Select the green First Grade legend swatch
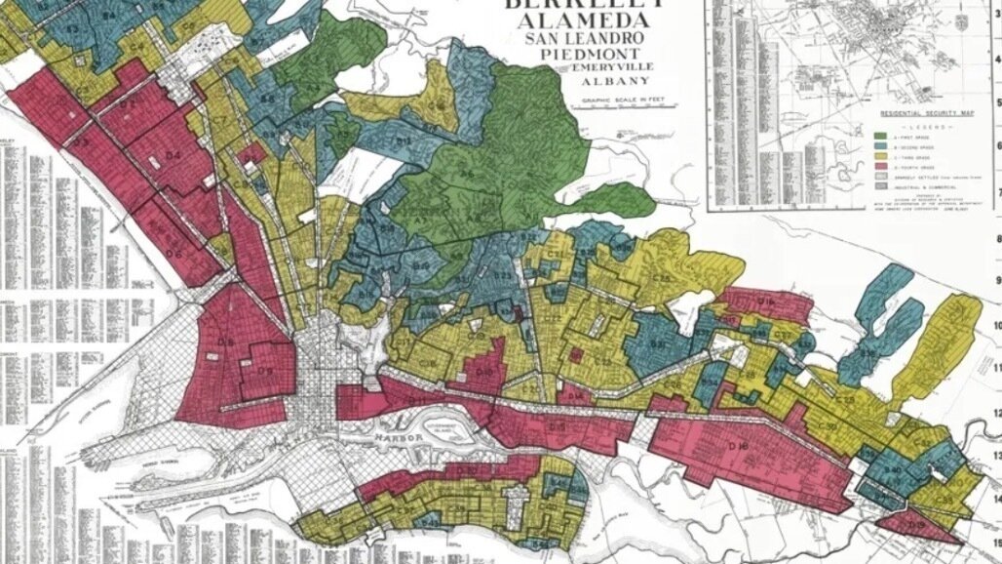tap(881, 136)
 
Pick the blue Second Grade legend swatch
tap(881, 146)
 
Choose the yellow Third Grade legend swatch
tap(881, 156)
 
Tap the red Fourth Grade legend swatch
tap(881, 166)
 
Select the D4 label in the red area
tap(173, 155)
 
